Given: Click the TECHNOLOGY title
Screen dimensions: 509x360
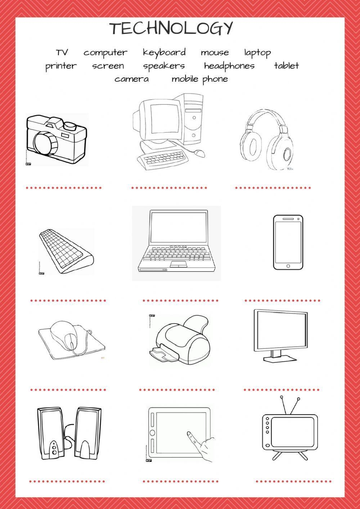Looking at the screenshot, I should (x=171, y=28).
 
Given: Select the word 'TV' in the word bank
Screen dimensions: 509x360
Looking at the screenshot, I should (x=62, y=53).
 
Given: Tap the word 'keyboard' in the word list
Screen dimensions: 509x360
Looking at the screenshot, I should (x=164, y=53).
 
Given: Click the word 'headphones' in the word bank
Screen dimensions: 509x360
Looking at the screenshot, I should (x=229, y=66).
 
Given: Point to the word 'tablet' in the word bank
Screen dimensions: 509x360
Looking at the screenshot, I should (x=286, y=66).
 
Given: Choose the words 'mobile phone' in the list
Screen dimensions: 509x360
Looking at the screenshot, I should (x=199, y=79).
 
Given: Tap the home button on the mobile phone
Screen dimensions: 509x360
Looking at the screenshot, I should (x=288, y=266).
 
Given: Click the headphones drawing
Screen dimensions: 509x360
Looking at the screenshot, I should (x=266, y=140).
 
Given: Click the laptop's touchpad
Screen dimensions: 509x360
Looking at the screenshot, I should (x=179, y=265).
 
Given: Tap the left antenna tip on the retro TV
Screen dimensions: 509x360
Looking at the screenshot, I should (x=282, y=398).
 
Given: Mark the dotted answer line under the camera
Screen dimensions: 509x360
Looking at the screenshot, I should (x=64, y=188).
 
